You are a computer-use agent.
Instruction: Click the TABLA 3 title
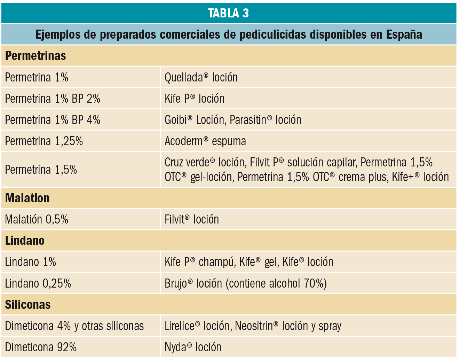tap(229, 13)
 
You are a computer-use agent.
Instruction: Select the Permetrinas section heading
tap(35, 56)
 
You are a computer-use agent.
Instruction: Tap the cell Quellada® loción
tap(201, 77)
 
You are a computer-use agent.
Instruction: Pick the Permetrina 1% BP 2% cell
tap(53, 99)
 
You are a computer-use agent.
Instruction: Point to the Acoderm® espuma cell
tap(205, 141)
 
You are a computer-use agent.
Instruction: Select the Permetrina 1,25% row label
tap(44, 141)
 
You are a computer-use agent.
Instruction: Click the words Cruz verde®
tap(190, 163)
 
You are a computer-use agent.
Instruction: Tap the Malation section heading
tap(27, 198)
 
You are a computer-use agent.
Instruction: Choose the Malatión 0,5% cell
tap(37, 219)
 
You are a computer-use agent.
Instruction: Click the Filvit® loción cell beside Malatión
tap(191, 219)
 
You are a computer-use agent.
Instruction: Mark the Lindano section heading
tap(25, 241)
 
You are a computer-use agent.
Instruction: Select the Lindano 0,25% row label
tap(38, 283)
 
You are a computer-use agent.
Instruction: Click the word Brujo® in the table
tap(179, 283)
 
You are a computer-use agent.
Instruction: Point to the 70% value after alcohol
tap(315, 283)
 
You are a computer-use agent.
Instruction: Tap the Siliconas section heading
tap(28, 305)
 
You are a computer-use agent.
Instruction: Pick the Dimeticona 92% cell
tap(41, 347)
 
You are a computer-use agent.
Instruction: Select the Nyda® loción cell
tap(193, 347)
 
